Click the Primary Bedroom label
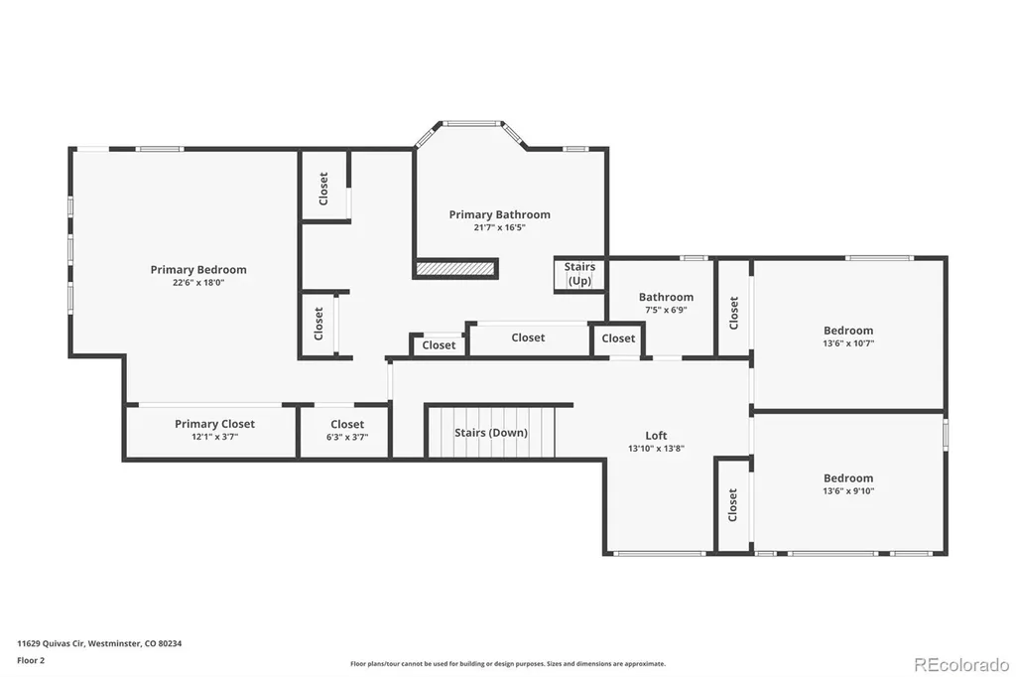pos(198,270)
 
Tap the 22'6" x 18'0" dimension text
pos(198,283)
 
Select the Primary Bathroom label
pos(500,214)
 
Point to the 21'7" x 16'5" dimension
pos(500,227)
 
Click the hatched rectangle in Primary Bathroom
pos(455,268)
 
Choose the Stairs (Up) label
pos(579,274)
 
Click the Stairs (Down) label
pos(490,433)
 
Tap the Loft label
pos(656,436)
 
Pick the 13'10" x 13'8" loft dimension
pos(656,448)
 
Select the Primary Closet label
pos(214,424)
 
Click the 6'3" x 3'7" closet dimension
pos(347,437)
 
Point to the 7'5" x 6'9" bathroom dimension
pos(666,310)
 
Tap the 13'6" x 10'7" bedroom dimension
pos(848,343)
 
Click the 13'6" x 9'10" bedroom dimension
pos(848,491)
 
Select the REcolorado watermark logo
pos(961,665)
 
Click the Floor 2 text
pos(31,661)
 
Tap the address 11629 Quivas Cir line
pos(99,644)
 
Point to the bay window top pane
pos(471,122)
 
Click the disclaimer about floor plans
pos(508,664)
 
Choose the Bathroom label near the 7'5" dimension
pos(666,297)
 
